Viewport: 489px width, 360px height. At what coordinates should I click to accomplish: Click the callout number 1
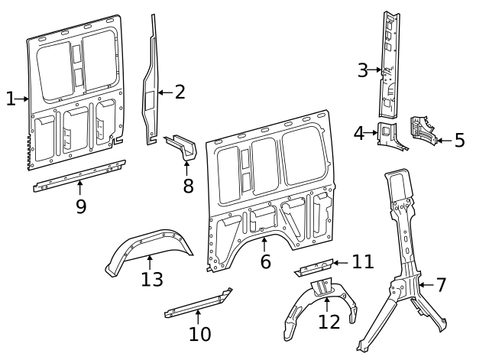point(10,99)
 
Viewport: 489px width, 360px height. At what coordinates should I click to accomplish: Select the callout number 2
point(180,92)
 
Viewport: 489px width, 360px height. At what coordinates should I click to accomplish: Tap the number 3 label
point(363,70)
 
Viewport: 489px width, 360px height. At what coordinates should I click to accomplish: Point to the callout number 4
point(359,133)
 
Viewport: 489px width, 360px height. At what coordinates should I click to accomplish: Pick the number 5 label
point(459,140)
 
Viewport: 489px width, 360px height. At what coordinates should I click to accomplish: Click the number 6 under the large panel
point(265,261)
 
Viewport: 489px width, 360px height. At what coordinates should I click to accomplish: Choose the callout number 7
point(441,285)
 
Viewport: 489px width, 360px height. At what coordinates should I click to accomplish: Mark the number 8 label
point(188,186)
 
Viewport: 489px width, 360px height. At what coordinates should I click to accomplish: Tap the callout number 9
point(81,206)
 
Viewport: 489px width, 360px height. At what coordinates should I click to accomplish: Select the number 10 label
point(199,334)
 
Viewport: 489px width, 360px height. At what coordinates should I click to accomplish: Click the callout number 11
point(362,262)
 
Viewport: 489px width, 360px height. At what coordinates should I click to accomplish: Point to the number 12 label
point(329,322)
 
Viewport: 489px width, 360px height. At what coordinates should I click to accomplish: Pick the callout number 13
point(152,279)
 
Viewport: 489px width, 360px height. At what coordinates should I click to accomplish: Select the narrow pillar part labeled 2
point(151,84)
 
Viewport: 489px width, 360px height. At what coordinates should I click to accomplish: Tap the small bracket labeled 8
point(182,146)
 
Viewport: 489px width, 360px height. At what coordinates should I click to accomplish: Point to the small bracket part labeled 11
point(313,268)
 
